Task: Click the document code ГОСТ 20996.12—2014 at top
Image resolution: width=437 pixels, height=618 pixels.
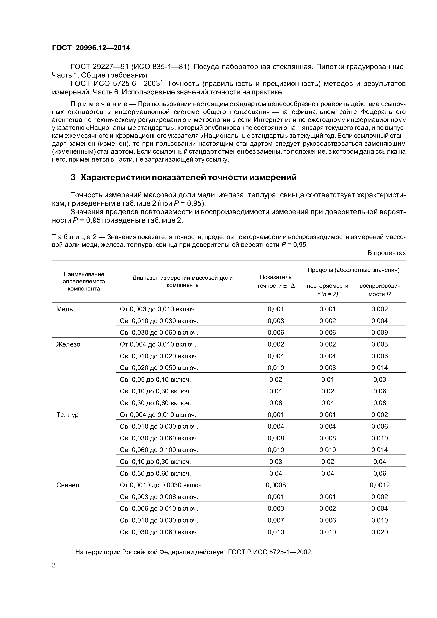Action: pyautogui.click(x=91, y=48)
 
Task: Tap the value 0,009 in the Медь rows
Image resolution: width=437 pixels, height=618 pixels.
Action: pyautogui.click(x=379, y=333)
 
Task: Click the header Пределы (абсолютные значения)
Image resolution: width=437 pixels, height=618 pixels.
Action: pyautogui.click(x=353, y=270)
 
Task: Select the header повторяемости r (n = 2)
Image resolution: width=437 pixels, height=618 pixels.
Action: pyautogui.click(x=327, y=290)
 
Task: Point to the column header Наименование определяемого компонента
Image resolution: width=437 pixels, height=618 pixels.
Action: pyautogui.click(x=84, y=282)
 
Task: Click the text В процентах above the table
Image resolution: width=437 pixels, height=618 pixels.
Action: pyautogui.click(x=386, y=253)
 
